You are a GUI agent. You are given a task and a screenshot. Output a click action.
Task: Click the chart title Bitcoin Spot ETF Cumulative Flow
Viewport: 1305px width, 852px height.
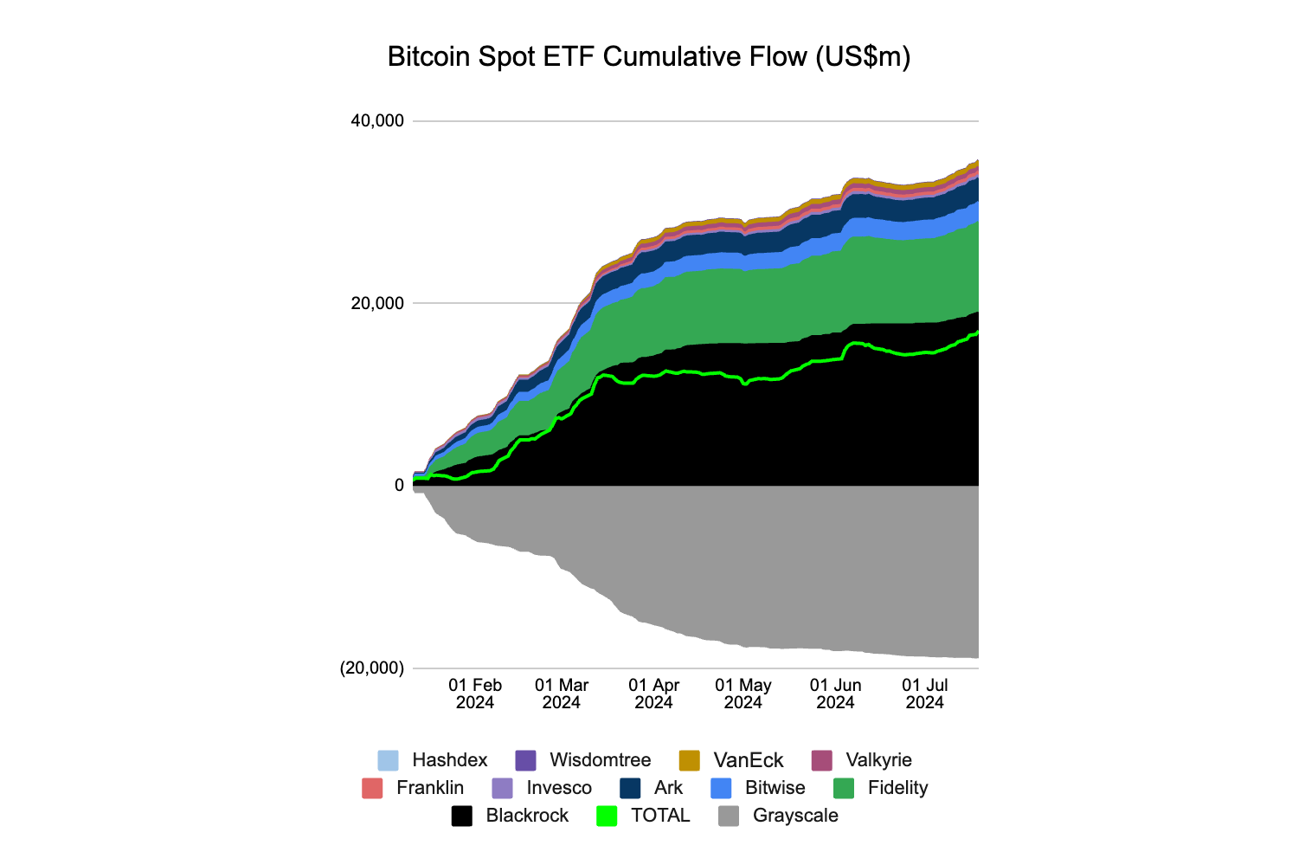pyautogui.click(x=649, y=57)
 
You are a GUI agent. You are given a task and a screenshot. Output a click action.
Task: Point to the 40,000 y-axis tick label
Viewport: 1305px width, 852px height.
pyautogui.click(x=377, y=120)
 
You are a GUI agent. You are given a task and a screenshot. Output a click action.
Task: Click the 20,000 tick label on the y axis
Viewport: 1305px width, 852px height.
pyautogui.click(x=377, y=303)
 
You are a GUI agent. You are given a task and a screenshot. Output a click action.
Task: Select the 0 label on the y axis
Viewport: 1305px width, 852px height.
pyautogui.click(x=399, y=486)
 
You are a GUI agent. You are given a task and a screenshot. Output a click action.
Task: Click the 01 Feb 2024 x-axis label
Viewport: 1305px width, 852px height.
pyautogui.click(x=475, y=694)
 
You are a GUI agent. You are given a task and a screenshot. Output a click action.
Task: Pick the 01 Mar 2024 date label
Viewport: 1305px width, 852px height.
pyautogui.click(x=562, y=694)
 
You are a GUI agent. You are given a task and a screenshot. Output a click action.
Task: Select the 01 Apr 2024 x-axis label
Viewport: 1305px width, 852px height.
pyautogui.click(x=653, y=694)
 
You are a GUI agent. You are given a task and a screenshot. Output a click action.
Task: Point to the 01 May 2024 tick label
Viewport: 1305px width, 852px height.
pyautogui.click(x=743, y=694)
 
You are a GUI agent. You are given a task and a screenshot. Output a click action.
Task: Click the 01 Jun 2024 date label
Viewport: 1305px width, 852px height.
pyautogui.click(x=836, y=694)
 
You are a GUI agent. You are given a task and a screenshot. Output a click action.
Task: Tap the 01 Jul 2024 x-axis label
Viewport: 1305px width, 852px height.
pyautogui.click(x=925, y=694)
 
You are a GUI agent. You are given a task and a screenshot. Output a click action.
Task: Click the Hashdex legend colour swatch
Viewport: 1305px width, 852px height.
pyautogui.click(x=389, y=760)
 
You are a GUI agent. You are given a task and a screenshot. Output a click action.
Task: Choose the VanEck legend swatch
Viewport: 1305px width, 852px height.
pyautogui.click(x=690, y=760)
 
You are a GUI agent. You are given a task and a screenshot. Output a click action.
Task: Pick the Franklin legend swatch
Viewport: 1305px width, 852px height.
pyautogui.click(x=372, y=788)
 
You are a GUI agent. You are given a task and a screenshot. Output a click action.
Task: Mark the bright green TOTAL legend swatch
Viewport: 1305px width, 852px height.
pyautogui.click(x=607, y=816)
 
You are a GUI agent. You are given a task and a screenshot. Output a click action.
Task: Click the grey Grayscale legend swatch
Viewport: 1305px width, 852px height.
pyautogui.click(x=730, y=816)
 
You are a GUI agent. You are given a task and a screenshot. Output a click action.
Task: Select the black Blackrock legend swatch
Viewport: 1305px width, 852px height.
pyautogui.click(x=462, y=816)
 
